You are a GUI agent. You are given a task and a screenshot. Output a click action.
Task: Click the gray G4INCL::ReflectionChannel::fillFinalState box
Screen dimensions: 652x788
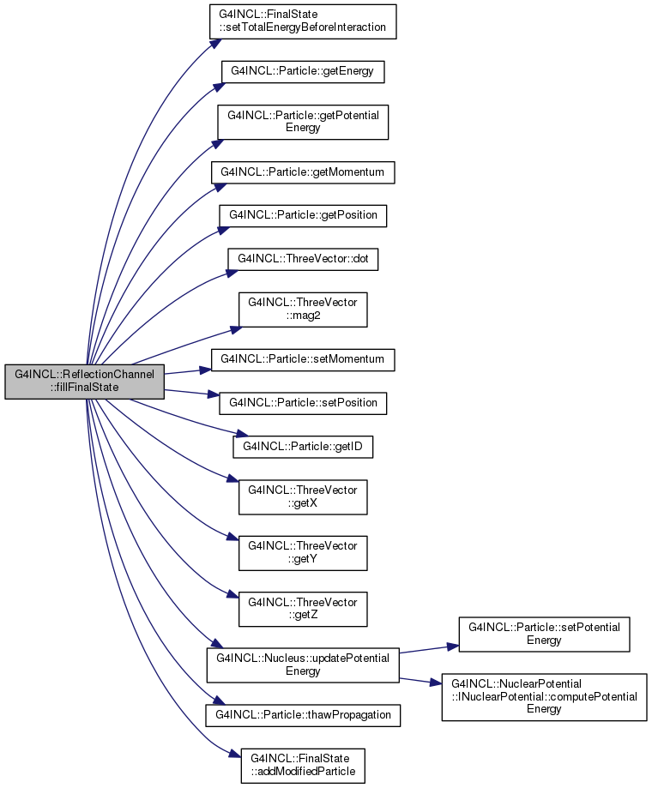84,382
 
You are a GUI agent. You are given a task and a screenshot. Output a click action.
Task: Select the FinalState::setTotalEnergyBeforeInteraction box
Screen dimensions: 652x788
303,21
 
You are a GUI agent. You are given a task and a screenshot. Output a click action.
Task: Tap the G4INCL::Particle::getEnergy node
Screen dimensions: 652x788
303,72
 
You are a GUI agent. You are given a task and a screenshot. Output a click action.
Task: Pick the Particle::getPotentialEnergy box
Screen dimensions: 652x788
303,122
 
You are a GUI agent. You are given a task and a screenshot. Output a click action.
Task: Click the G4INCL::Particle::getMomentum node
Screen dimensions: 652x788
303,172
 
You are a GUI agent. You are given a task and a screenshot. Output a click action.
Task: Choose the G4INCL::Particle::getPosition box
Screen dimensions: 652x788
303,215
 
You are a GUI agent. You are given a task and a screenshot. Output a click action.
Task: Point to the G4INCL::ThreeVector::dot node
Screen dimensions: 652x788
303,259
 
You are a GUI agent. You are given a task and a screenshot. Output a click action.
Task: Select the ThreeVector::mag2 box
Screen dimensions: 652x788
303,310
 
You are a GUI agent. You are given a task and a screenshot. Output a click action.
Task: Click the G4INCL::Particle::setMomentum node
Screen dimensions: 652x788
303,360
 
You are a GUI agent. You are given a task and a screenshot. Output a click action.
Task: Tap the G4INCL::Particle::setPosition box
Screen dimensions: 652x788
303,403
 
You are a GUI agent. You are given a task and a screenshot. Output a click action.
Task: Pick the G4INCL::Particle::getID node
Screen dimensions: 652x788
303,447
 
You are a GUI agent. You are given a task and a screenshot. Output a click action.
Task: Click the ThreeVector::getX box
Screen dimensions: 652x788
303,497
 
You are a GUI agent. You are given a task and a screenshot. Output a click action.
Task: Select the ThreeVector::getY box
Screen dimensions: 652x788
303,553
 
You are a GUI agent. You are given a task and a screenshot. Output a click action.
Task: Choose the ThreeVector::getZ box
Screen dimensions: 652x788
303,609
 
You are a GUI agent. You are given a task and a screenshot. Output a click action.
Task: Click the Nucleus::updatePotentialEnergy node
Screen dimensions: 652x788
303,665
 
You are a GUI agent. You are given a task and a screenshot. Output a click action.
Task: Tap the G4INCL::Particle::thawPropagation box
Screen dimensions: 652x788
303,715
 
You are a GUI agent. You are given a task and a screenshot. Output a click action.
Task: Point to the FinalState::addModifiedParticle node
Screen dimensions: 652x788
303,766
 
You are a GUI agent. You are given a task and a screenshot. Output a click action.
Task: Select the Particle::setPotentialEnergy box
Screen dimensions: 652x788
544,635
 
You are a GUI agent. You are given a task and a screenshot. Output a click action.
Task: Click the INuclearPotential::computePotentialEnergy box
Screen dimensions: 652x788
544,697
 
